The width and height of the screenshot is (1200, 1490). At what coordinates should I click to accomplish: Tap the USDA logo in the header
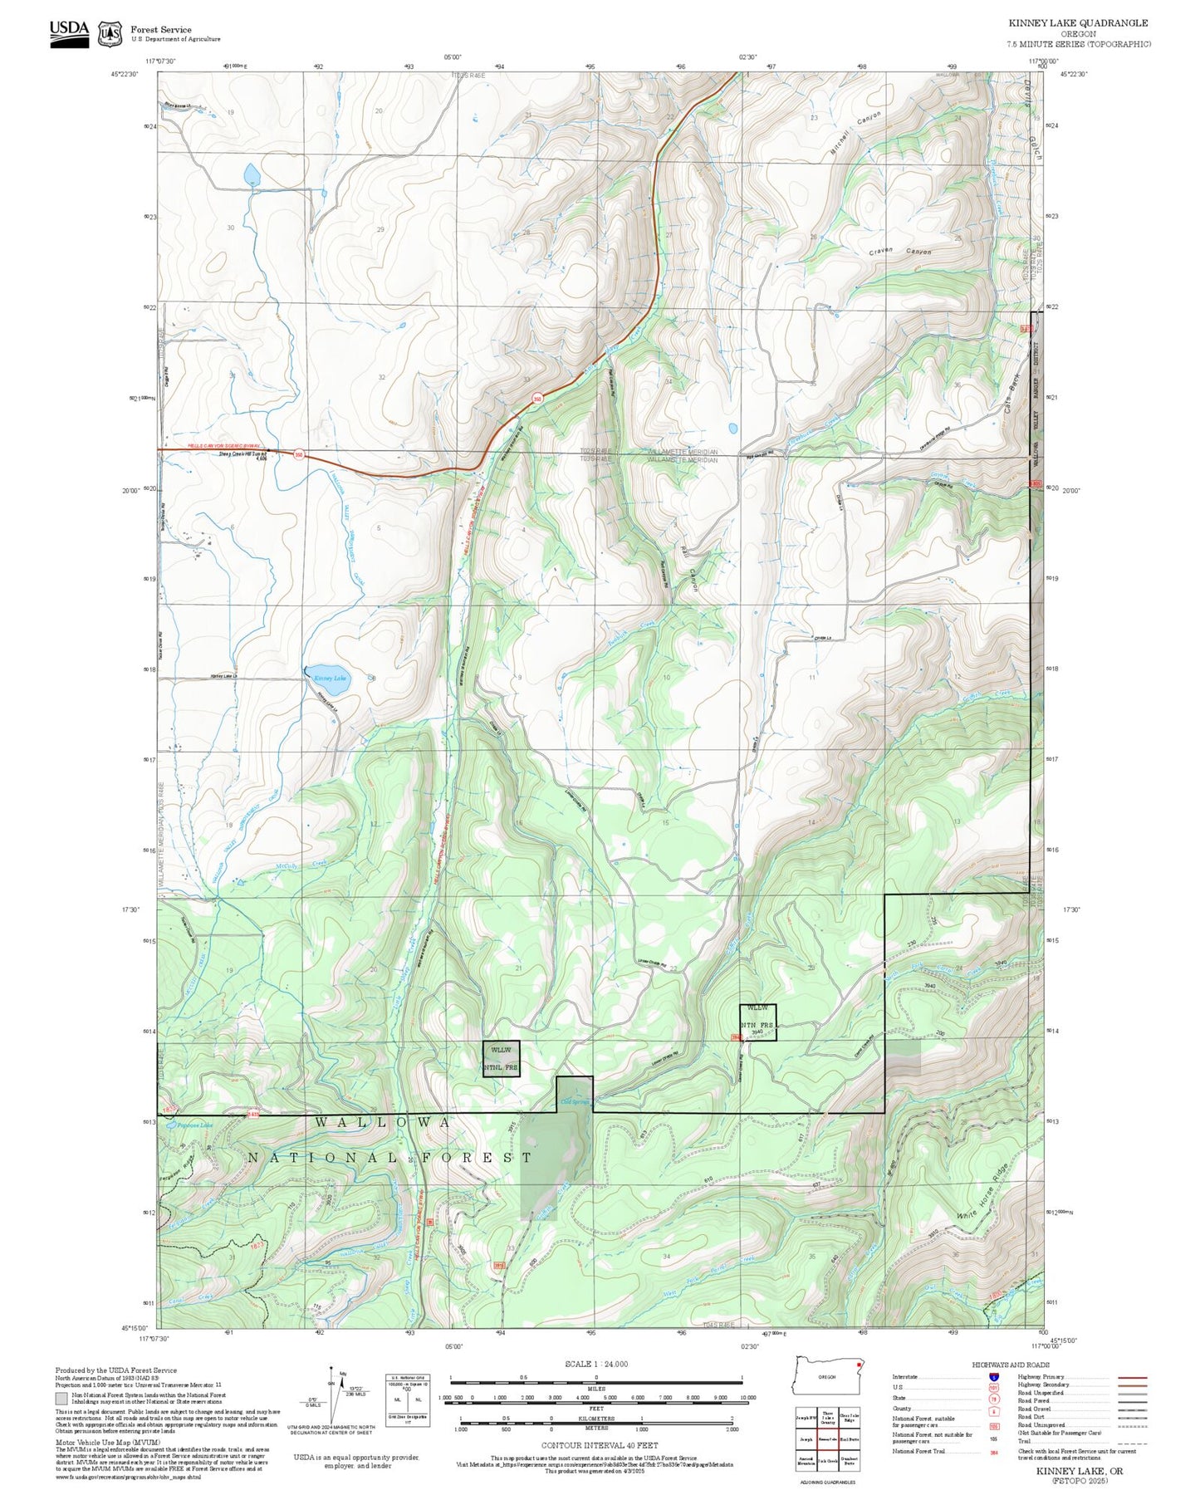point(69,33)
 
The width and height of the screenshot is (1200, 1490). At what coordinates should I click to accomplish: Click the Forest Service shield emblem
point(110,34)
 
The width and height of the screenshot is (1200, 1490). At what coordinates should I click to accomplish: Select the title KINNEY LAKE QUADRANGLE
point(1078,23)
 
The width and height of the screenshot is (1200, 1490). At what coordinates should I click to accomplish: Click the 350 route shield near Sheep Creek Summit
point(299,454)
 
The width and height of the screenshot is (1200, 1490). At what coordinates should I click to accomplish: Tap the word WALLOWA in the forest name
point(384,1123)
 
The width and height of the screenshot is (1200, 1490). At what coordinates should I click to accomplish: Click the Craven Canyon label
point(900,252)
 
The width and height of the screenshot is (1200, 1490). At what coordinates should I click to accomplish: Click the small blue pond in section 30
point(251,174)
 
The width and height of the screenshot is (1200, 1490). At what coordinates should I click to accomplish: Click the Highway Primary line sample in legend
point(1133,1377)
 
